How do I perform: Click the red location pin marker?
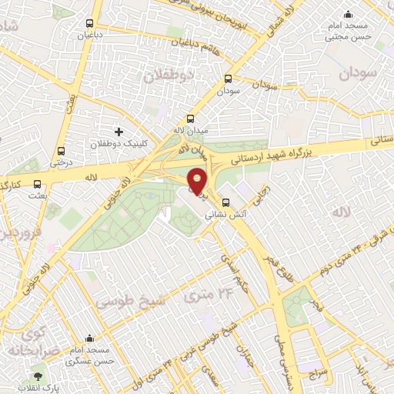click(198, 181)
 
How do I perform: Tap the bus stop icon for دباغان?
click(91, 23)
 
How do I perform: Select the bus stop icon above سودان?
click(228, 78)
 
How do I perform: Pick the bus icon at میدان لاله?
click(192, 118)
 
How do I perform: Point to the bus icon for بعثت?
click(38, 183)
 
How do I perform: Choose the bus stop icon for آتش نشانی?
click(215, 204)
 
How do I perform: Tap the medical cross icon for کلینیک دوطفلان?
click(118, 132)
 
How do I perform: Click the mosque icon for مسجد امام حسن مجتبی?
click(349, 13)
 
